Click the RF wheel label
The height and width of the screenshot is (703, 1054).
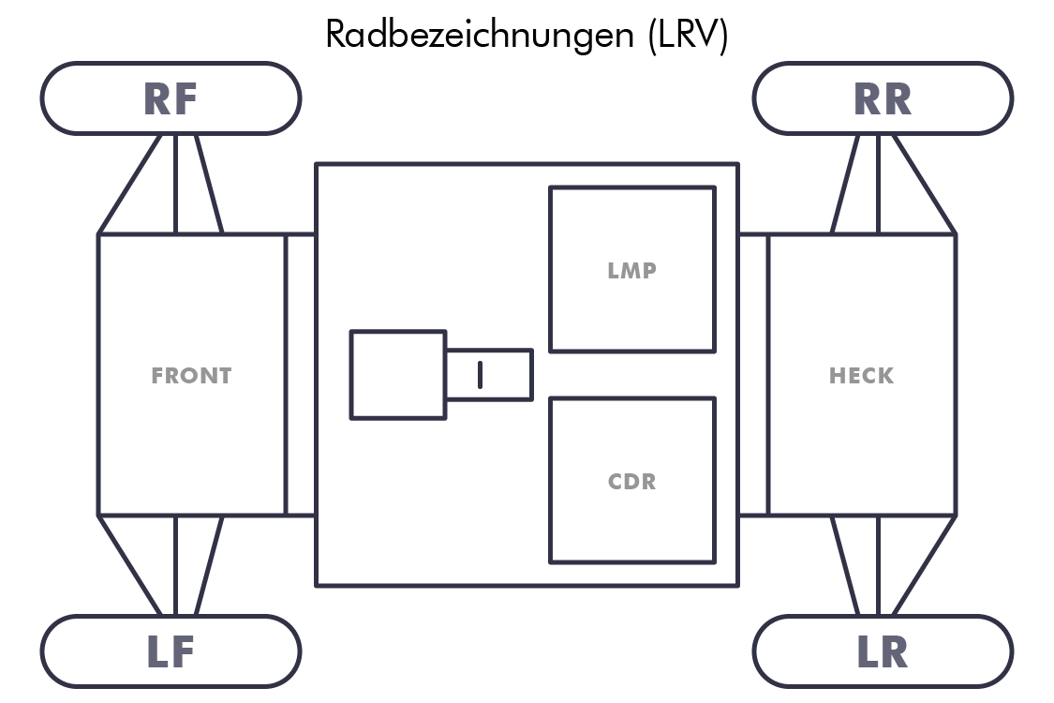171,99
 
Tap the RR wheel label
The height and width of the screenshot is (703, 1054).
883,99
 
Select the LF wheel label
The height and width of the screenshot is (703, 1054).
171,652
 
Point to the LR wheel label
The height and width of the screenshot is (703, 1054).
883,652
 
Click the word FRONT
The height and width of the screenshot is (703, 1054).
191,376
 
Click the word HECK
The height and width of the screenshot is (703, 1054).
862,376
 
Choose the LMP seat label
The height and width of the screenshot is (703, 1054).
631,271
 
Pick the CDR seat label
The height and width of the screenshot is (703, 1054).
631,483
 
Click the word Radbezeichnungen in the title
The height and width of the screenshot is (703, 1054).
481,35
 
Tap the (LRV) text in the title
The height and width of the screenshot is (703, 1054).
687,35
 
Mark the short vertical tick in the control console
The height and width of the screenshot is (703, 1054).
480,374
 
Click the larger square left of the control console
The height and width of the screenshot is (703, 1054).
398,374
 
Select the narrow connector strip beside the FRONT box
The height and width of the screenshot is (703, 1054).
300,374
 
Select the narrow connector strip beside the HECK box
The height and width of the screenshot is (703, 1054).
753,374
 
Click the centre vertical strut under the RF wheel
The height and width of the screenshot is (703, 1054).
175,184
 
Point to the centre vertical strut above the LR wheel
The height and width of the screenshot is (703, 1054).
878,565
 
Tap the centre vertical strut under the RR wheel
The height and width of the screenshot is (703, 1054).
878,184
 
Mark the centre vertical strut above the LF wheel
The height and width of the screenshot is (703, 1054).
175,565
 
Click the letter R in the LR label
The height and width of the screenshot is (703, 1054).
896,652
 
